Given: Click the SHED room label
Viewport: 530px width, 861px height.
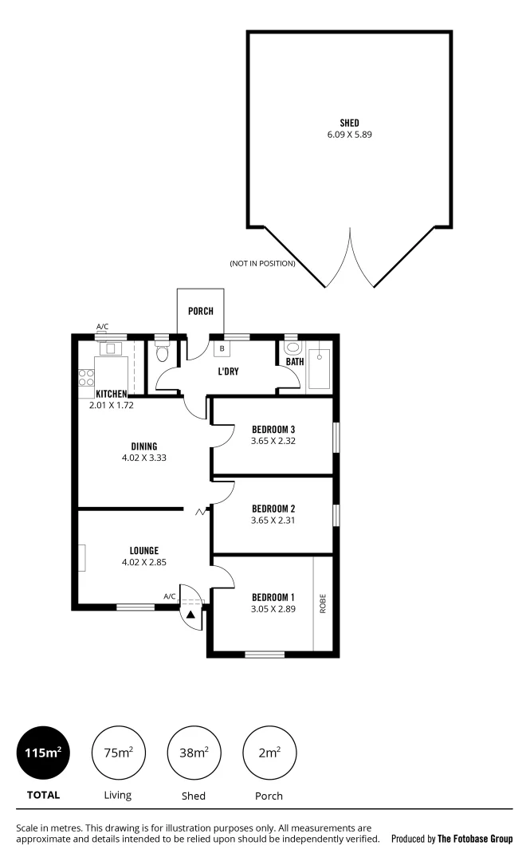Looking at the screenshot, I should click(x=349, y=123).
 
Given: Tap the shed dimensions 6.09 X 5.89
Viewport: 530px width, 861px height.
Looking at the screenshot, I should click(x=349, y=135).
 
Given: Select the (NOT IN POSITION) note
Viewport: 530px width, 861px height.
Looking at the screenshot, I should click(x=262, y=263).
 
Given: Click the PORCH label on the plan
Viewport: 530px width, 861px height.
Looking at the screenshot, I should click(x=200, y=311).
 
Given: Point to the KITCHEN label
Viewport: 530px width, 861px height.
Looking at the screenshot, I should click(x=112, y=394).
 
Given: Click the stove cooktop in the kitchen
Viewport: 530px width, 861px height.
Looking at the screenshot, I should click(x=86, y=378).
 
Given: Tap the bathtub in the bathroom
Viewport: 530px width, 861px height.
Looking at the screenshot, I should click(x=319, y=368).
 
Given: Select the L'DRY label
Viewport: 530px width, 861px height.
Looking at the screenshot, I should click(x=229, y=372).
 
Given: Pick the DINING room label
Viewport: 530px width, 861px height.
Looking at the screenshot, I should click(x=144, y=446).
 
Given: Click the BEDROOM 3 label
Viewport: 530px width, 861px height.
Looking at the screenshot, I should click(x=273, y=429).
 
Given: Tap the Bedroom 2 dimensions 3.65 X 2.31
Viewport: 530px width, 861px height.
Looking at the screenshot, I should click(x=273, y=521).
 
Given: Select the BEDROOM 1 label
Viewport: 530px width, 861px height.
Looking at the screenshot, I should click(x=273, y=597).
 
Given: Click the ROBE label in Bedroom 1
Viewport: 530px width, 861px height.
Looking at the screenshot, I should click(x=323, y=603).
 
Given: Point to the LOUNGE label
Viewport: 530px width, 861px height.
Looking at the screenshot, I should click(x=144, y=550).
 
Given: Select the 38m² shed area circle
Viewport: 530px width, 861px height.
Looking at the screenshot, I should click(x=194, y=752).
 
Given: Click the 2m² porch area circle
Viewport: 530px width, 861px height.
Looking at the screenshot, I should click(x=269, y=752).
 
